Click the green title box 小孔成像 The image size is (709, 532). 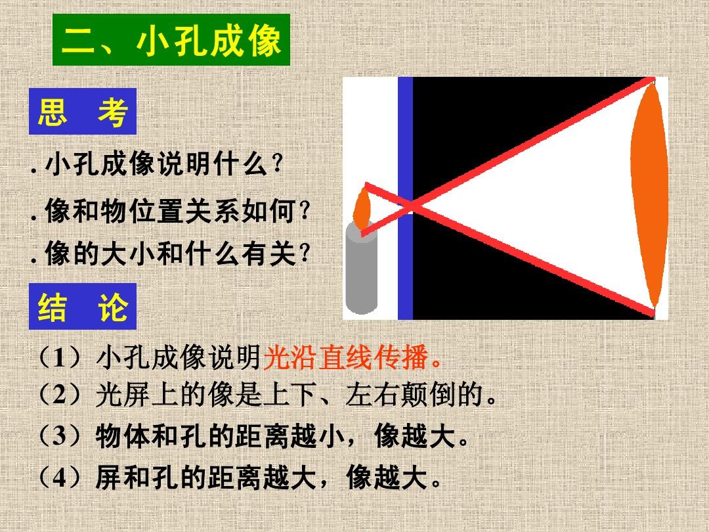point(171,40)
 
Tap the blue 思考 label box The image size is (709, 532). point(83,111)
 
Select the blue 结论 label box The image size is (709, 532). point(83,306)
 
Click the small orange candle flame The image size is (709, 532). point(362,209)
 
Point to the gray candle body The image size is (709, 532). point(361,269)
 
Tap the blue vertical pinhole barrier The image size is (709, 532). point(405,198)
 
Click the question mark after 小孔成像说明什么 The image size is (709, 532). point(278,164)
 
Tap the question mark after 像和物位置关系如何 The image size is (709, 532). point(305,210)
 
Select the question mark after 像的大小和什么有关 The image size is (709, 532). point(305,253)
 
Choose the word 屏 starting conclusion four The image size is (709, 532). point(108,477)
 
